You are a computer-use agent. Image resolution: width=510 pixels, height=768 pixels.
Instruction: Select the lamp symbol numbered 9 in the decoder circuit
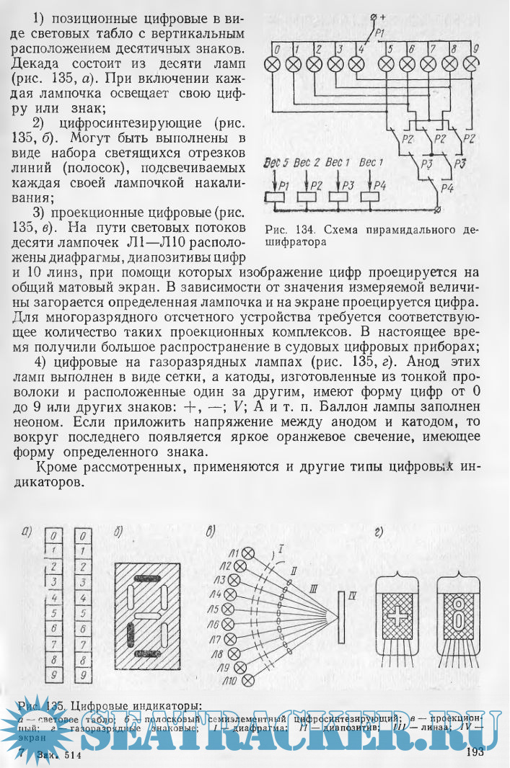click(x=474, y=63)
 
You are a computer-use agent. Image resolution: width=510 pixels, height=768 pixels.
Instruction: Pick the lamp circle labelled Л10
click(x=249, y=679)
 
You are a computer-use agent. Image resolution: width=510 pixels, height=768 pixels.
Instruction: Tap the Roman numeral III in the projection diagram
click(x=312, y=589)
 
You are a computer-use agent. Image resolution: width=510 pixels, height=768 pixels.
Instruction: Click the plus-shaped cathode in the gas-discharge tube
click(x=397, y=617)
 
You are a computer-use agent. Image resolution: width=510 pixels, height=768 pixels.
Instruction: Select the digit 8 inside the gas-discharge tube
click(x=459, y=617)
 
